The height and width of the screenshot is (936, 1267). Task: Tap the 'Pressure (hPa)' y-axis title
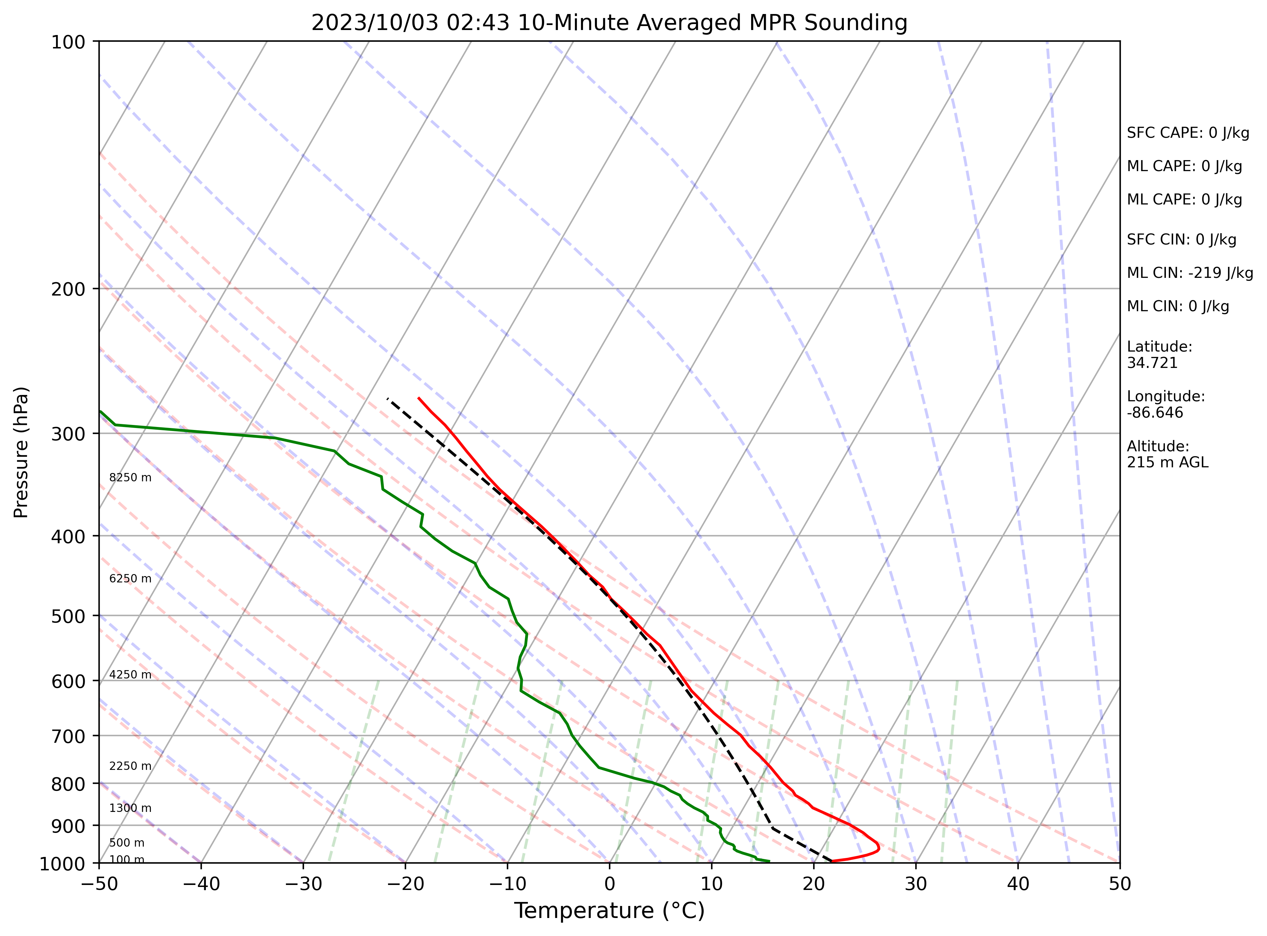pos(21,452)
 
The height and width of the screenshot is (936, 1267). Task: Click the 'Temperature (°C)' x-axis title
pos(609,911)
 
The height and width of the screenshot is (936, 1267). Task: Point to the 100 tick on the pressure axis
pos(68,42)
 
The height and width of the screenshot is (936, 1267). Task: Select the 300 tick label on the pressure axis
pos(68,434)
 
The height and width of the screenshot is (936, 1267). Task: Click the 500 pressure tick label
pos(68,616)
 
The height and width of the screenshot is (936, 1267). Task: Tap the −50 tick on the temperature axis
pos(99,884)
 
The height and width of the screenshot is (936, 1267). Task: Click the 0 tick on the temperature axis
pos(610,884)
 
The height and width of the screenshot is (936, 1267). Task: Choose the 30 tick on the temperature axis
pos(916,884)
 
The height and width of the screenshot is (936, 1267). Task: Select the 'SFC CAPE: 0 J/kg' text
pos(1188,133)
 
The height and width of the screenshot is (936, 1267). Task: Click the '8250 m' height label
pos(130,478)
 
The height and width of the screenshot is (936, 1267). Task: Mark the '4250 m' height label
pos(130,675)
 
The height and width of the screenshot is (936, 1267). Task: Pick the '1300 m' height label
pos(130,809)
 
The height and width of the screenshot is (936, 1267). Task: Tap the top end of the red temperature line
pos(419,398)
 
